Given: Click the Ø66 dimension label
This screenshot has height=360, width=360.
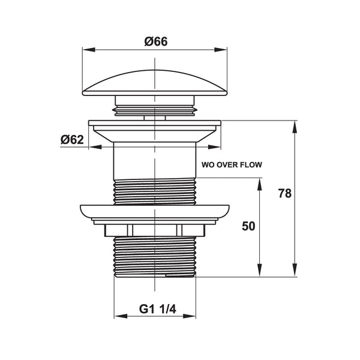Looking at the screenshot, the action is (x=156, y=41).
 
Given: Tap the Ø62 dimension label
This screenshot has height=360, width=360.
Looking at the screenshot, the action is (x=72, y=140).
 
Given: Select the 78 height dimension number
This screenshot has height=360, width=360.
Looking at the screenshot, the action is (x=284, y=193).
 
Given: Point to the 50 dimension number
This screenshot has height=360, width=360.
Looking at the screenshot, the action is (x=248, y=226).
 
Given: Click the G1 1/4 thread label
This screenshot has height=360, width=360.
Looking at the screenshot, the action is (x=157, y=309).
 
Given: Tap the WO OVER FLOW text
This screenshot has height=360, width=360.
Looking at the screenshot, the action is (x=232, y=165).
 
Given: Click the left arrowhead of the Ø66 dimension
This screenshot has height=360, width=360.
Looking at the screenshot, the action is (x=89, y=50).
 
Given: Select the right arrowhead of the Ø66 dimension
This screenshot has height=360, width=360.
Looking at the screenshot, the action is (x=221, y=50).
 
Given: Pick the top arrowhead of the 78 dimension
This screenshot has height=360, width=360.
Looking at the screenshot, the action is (x=295, y=127).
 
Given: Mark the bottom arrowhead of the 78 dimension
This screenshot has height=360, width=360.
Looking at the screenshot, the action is (x=295, y=270).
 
